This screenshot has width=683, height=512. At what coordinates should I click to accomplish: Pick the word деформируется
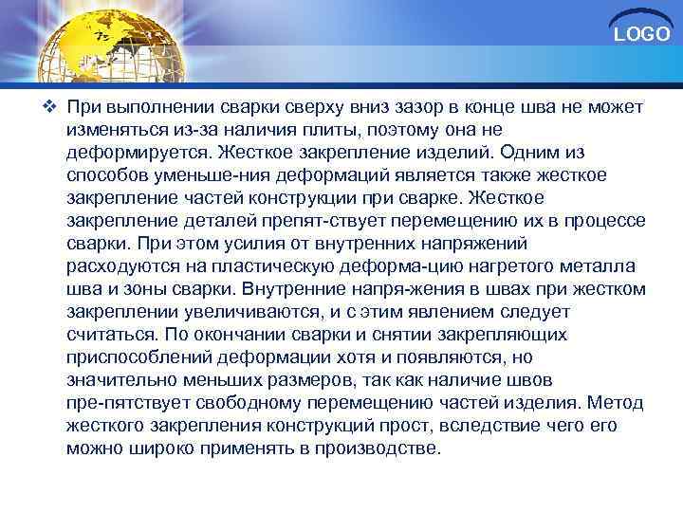(x=138, y=152)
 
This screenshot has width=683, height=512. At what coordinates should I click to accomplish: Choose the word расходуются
(x=120, y=266)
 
